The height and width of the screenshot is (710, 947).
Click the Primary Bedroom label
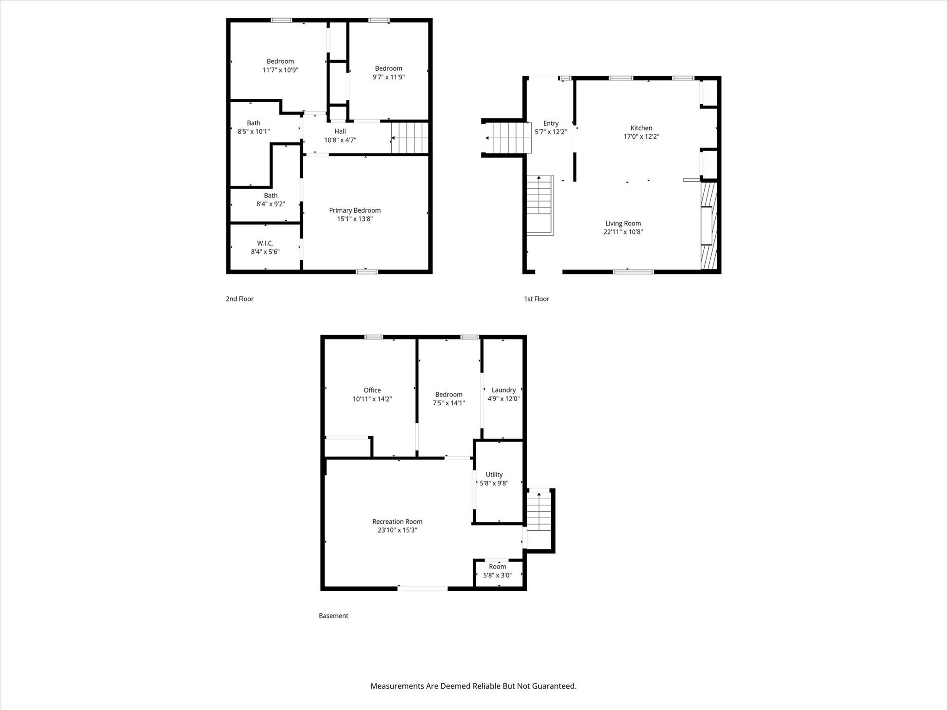[x=355, y=210]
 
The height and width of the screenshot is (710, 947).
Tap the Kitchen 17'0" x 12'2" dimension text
[x=641, y=137]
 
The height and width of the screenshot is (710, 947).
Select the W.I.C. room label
[x=265, y=243]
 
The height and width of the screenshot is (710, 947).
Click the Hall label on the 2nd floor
[x=340, y=131]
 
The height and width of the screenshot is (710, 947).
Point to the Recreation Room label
[x=397, y=521]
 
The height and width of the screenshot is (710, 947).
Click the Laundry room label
[x=503, y=390]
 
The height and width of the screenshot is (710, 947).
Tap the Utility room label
[x=494, y=475]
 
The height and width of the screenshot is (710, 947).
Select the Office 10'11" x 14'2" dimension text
[x=372, y=399]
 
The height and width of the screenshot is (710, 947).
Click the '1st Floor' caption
[x=536, y=299]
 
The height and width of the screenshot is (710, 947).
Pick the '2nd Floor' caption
[x=240, y=299]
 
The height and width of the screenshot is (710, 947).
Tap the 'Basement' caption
[x=333, y=616]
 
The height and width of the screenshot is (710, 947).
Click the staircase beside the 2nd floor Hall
[x=410, y=138]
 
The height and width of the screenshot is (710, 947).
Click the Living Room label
[x=623, y=223]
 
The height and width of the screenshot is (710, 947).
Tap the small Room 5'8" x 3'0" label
[x=497, y=567]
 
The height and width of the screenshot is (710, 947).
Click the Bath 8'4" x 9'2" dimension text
[x=271, y=204]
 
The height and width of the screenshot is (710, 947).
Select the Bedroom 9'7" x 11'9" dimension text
[x=388, y=77]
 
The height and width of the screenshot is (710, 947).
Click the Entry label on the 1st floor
[x=550, y=123]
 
